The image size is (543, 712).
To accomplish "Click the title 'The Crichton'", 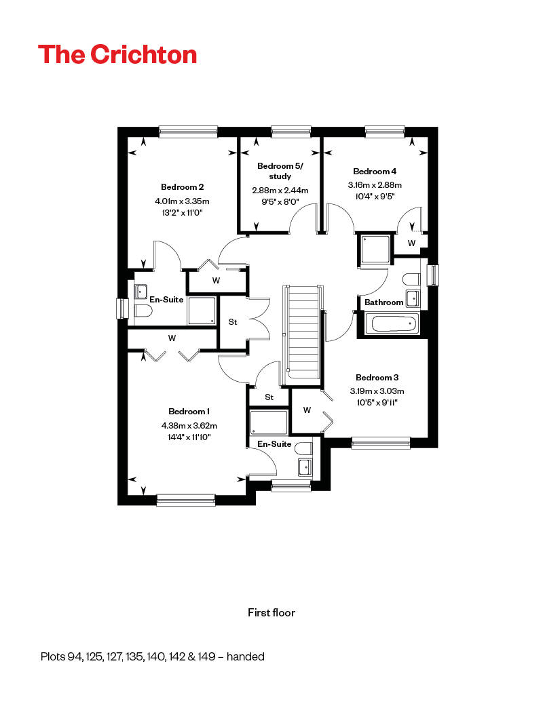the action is (117, 54).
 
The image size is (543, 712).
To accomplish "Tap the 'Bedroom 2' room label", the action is (182, 187).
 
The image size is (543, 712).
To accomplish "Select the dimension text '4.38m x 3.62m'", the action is (189, 426).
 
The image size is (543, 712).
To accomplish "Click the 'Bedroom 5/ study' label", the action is (280, 171).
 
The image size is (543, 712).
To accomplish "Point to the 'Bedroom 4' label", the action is (375, 171).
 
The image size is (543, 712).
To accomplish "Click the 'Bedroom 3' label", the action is (377, 377).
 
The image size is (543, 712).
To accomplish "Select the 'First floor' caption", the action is (271, 612).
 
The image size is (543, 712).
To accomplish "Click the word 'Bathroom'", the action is (384, 302).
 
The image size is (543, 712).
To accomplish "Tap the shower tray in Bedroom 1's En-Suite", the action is (269, 422).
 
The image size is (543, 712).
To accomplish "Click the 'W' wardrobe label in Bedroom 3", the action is (307, 410).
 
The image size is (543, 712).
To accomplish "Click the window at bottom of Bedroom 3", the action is (381, 443).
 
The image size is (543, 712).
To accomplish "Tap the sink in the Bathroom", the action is (413, 298).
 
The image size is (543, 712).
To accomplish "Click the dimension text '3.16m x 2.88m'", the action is (375, 185).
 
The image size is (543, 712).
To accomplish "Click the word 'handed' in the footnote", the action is (246, 656).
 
